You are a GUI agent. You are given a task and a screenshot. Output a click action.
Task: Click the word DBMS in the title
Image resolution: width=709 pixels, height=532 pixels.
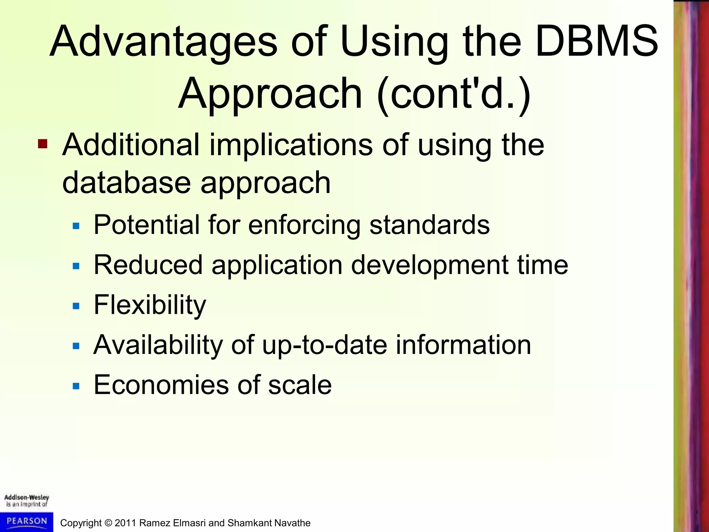tap(596, 42)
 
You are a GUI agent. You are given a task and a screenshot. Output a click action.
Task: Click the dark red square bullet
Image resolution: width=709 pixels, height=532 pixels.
tap(43, 144)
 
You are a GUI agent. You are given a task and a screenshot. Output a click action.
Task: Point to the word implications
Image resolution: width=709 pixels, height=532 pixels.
tap(291, 145)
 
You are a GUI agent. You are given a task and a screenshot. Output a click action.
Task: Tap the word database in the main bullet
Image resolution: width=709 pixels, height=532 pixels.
tap(126, 183)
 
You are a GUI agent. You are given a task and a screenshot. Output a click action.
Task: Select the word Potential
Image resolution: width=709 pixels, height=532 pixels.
tap(147, 225)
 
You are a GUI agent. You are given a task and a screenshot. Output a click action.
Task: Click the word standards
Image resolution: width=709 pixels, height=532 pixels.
tap(429, 225)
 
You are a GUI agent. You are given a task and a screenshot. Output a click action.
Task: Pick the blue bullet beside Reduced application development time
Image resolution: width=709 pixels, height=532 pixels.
tap(76, 266)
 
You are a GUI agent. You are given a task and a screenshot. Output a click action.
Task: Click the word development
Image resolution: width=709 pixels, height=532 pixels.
tap(430, 266)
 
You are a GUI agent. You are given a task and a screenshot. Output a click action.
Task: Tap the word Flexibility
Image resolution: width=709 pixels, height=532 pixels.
tap(150, 305)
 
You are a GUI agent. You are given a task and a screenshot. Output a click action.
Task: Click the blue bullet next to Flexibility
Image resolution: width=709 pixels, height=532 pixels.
tap(76, 306)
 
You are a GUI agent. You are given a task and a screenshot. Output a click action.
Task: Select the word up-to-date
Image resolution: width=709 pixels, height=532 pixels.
tap(324, 345)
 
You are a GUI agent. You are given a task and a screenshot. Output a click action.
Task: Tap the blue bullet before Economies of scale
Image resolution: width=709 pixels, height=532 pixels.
tap(76, 386)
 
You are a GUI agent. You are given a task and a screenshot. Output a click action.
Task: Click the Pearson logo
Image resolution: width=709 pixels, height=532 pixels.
tap(27, 521)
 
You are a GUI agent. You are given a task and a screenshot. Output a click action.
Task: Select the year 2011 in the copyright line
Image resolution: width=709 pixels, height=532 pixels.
tap(125, 523)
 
